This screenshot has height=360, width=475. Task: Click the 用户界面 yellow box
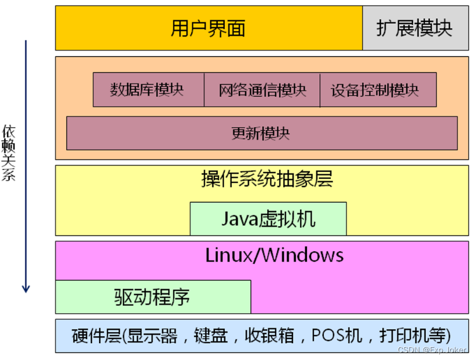pos(209,28)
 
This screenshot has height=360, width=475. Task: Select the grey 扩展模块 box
pos(415,28)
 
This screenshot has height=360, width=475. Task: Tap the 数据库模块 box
pos(148,90)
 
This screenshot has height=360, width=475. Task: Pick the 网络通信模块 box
pos(262,90)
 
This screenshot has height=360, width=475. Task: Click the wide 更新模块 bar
pos(261,133)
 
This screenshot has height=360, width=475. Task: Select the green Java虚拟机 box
pos(268,219)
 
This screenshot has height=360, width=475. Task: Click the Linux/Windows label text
pos(274,255)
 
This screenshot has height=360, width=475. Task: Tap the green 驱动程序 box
pos(153,297)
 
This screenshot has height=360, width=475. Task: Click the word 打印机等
pos(414,335)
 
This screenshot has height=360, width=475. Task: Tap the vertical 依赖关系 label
pos(8,153)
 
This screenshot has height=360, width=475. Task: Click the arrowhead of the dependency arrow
pos(25,288)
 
